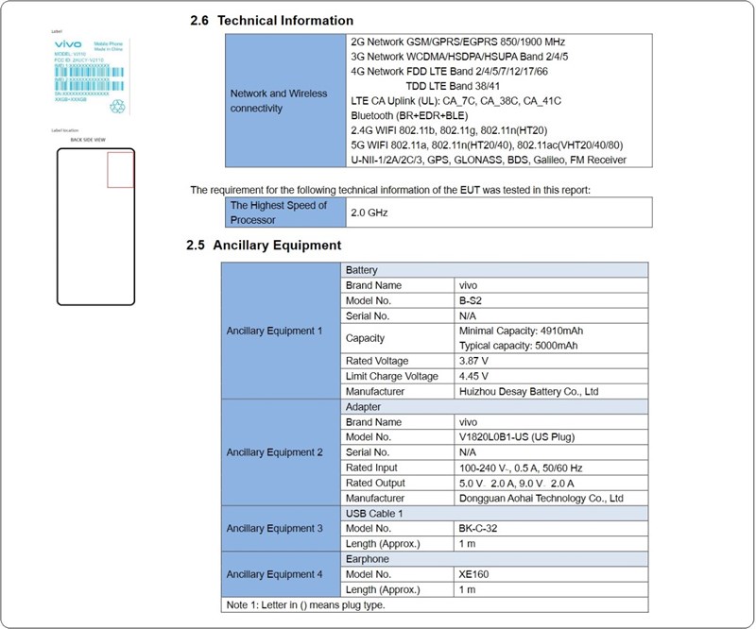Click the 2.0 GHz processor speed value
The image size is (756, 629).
tap(369, 212)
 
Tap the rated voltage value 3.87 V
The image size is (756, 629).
tap(474, 361)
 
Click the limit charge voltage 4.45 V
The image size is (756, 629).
tap(474, 376)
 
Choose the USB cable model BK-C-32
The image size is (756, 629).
tap(481, 528)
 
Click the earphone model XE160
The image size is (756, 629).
tap(474, 573)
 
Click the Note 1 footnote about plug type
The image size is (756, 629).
tap(304, 603)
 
